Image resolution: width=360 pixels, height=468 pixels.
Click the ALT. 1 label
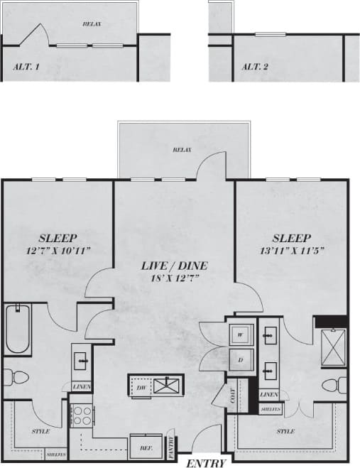point(26,67)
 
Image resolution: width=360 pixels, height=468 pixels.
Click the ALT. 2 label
point(254,67)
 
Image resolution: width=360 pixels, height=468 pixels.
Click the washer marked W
point(241,334)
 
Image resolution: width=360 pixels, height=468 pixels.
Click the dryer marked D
point(241,359)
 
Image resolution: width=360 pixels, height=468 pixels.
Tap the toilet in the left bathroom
point(15,376)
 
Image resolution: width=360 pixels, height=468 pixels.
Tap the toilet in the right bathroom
point(333,386)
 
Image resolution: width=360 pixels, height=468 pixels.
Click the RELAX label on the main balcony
point(182,150)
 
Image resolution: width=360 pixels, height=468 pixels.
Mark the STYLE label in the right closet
point(285,430)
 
